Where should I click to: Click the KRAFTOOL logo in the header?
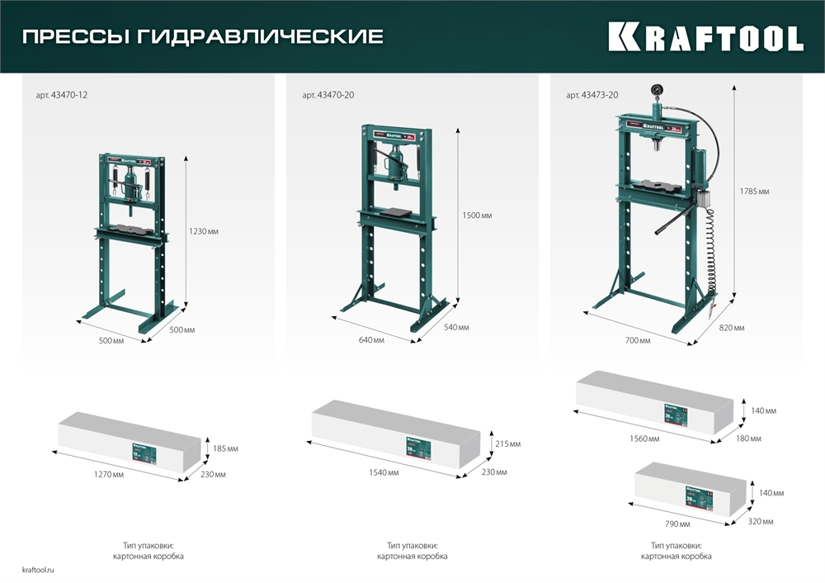point(705,37)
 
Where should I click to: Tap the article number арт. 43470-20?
point(328,96)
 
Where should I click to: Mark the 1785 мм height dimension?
point(754,192)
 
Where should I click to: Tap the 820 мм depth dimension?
point(732,328)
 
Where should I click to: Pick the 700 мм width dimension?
point(637,340)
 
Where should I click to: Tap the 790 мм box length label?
point(678,524)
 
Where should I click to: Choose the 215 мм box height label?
point(509,444)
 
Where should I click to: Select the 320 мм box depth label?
point(761,521)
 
